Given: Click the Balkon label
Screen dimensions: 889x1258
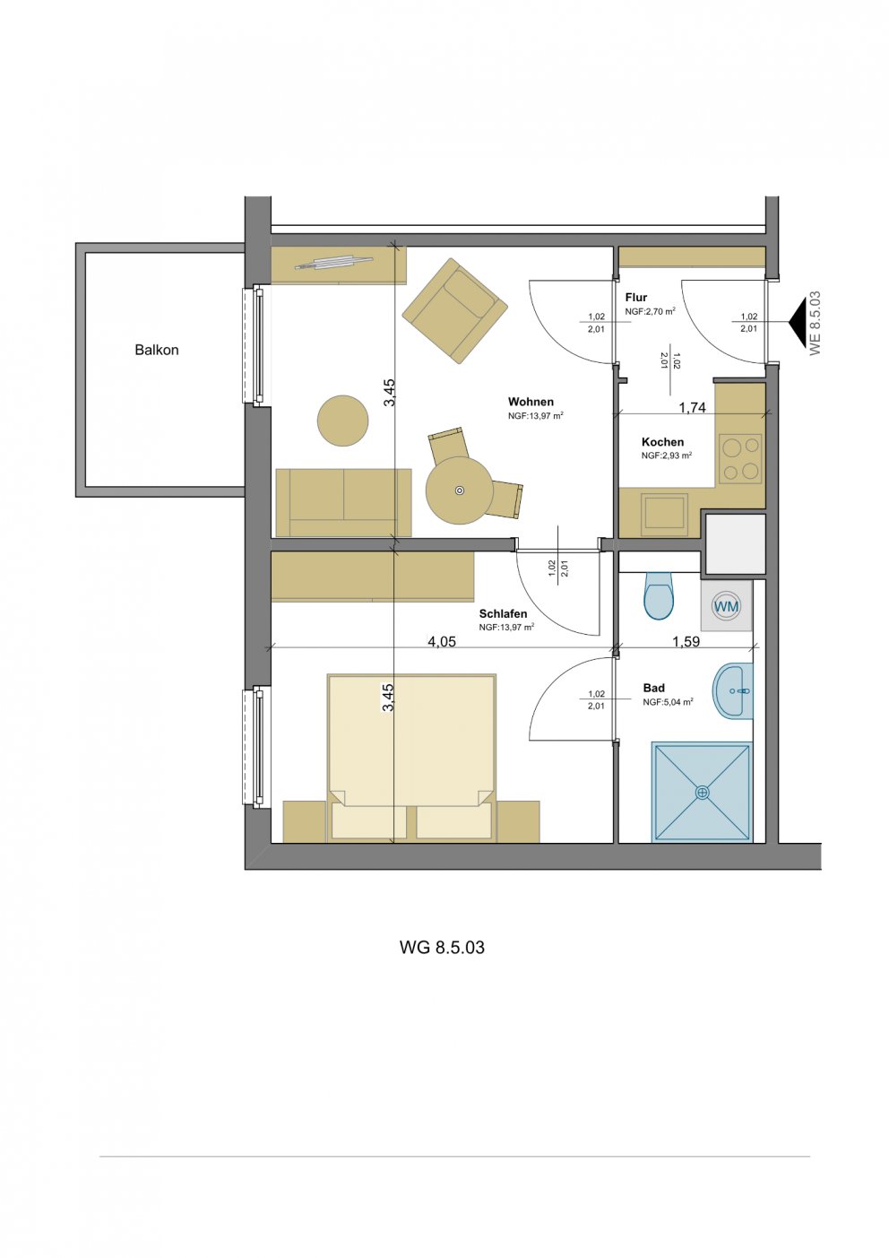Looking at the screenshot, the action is (157, 350).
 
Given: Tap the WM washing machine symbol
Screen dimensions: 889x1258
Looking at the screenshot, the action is (726, 605).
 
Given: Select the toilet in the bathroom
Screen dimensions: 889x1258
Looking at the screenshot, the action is (659, 595).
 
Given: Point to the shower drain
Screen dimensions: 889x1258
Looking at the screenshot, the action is (703, 793).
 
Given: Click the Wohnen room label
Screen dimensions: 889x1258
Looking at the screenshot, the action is (531, 402).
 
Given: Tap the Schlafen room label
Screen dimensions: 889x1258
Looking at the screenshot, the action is (503, 614).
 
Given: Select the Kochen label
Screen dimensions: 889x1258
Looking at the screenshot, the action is (663, 442).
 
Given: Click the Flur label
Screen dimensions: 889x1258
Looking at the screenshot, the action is (636, 298).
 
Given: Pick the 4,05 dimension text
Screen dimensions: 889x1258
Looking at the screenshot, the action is (442, 641).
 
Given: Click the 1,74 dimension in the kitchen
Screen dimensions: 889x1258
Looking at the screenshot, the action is (692, 408).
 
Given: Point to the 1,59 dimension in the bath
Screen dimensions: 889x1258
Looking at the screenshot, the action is (686, 641).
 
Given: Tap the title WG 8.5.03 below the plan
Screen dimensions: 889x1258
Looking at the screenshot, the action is (442, 948).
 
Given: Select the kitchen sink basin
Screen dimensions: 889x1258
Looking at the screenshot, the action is (666, 512).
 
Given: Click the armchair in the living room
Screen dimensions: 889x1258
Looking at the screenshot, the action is (455, 310).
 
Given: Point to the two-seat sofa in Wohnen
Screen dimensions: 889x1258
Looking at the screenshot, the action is (343, 503).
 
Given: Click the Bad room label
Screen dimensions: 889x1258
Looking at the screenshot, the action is (654, 688).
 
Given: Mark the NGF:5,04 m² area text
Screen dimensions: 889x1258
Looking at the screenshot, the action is (668, 701).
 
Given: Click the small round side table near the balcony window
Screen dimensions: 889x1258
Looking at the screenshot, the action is (343, 421).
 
